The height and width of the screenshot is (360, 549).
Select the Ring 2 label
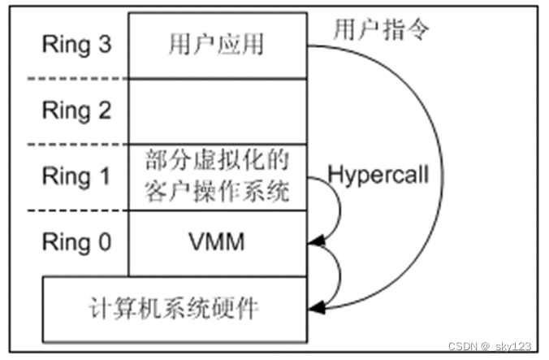click(x=76, y=110)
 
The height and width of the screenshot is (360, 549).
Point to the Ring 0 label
click(x=76, y=241)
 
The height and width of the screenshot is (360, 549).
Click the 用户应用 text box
click(x=217, y=44)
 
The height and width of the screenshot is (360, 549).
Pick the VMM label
click(x=217, y=241)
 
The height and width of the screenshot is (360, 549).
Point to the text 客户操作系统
click(x=217, y=193)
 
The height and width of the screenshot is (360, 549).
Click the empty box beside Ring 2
click(x=217, y=110)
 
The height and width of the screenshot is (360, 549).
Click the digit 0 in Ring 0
click(x=103, y=241)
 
